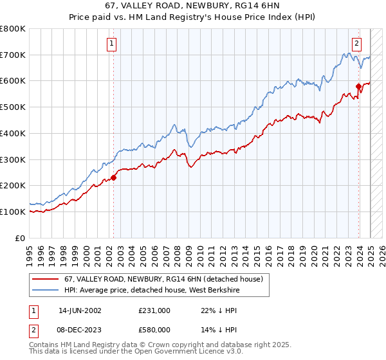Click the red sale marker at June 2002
coord(113,177)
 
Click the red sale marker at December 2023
coord(358,86)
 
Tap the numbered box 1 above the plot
coord(112,44)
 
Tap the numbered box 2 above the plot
coord(356,44)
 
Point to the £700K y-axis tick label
coord(13,55)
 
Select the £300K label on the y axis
coord(13,159)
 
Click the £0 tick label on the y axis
coord(21,238)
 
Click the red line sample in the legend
coord(44,280)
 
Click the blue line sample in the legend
coord(44,290)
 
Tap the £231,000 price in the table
coord(154,310)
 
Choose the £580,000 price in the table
coord(154,329)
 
